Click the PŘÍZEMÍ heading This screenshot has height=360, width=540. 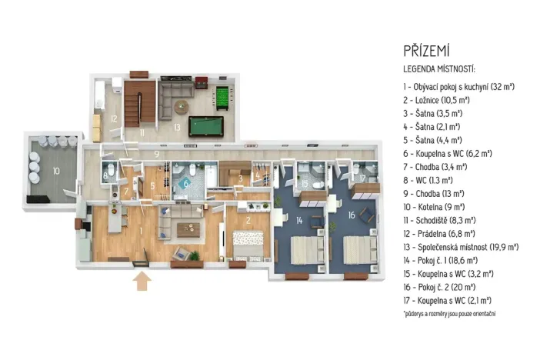[428, 51]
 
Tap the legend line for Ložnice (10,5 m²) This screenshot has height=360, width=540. [436, 100]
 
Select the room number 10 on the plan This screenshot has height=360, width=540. [55, 170]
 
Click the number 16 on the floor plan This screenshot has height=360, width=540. [352, 215]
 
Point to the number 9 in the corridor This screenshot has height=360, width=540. [156, 155]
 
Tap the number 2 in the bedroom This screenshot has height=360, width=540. [248, 219]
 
